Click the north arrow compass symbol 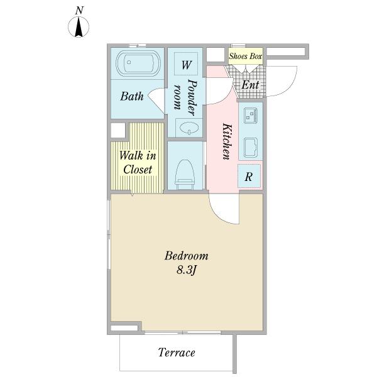click(79, 26)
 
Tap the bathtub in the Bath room click(138, 63)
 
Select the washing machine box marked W click(186, 64)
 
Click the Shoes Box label click(245, 57)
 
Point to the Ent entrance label click(250, 85)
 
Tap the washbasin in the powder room click(189, 128)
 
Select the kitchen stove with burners click(251, 116)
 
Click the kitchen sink click(251, 147)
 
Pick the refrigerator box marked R click(249, 176)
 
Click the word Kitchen click(227, 141)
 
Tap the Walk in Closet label click(138, 162)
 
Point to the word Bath click(132, 96)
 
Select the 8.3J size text click(187, 270)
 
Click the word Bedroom click(187, 256)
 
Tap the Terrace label click(177, 352)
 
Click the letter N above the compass click(79, 11)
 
